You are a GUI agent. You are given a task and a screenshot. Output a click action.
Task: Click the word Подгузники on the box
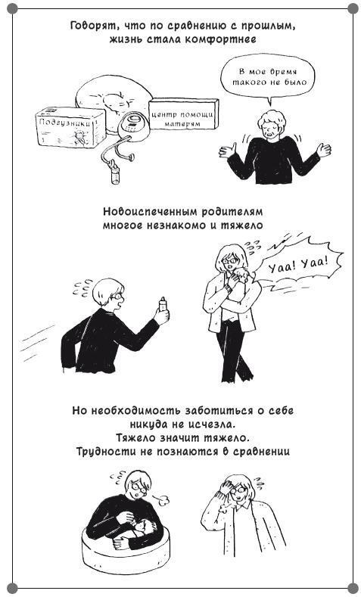(x=65, y=124)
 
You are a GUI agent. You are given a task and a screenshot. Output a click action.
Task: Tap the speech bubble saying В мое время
(x=268, y=77)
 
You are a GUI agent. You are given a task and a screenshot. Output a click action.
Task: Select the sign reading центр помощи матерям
(x=183, y=113)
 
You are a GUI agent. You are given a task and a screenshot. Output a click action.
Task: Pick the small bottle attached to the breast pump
(x=115, y=176)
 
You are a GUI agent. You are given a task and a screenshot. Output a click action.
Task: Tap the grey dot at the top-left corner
(x=12, y=8)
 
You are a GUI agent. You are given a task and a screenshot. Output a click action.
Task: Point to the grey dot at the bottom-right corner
(x=353, y=588)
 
